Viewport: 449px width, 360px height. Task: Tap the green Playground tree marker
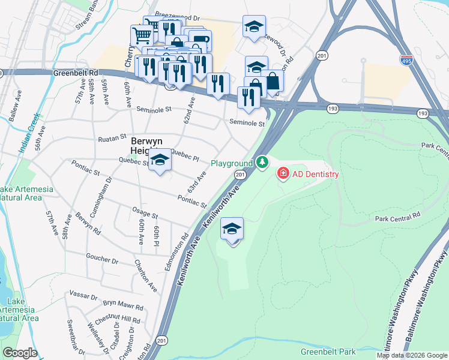[x=262, y=162]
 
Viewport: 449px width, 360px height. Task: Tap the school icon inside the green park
[x=232, y=229]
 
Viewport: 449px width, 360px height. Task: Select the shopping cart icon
[x=141, y=35]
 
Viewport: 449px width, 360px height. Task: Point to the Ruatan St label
[x=112, y=139]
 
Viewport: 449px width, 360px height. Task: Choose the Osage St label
[x=145, y=215]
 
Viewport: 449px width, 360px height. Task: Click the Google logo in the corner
[x=20, y=353]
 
